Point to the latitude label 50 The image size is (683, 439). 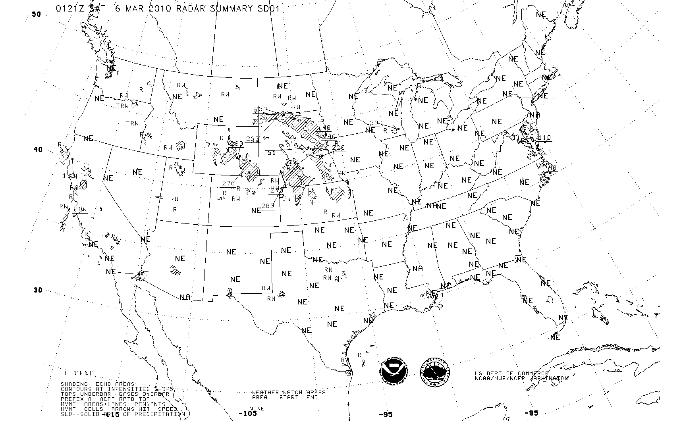(36, 14)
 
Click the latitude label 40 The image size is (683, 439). (38, 150)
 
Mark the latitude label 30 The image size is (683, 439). (38, 290)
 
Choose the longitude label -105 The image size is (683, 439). (247, 414)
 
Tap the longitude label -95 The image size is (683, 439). (385, 414)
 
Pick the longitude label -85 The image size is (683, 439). (531, 413)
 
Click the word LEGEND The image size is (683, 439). (79, 373)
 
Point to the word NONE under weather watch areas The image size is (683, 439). (257, 408)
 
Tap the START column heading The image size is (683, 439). (289, 397)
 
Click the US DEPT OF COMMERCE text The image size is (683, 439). (511, 374)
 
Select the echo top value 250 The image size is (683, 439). (260, 110)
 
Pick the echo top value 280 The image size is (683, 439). (268, 206)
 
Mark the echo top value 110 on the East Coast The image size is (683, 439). (544, 138)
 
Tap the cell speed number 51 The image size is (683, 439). (272, 153)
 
